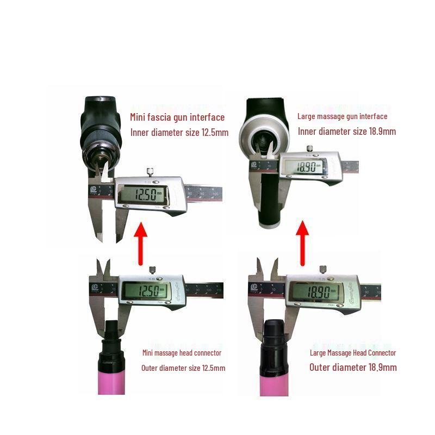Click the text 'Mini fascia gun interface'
(177, 117)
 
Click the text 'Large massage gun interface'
(343, 116)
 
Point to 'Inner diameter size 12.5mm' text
(179, 132)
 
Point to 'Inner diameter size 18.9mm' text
(346, 132)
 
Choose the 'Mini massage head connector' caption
(182, 353)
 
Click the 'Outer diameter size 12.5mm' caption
(183, 368)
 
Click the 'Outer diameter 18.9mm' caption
(353, 367)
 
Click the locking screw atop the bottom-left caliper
(152, 269)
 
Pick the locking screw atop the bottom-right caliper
(322, 269)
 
